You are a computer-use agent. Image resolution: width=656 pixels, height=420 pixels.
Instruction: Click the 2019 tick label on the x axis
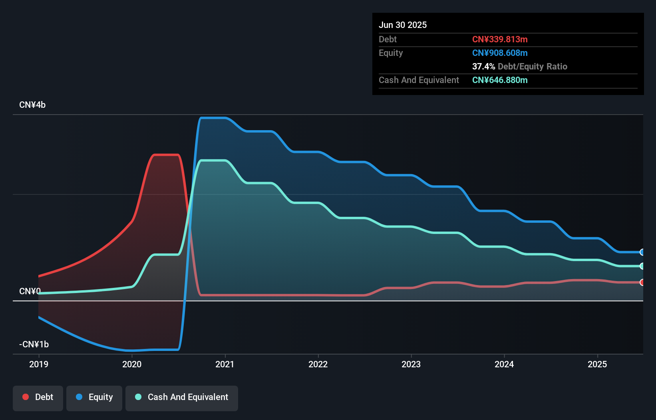coord(39,364)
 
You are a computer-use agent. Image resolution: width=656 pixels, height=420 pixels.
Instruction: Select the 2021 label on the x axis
coord(225,364)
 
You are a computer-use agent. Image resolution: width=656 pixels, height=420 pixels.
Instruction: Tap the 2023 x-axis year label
coord(411,364)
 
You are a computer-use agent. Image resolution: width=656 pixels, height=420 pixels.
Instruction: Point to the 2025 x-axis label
coord(597,364)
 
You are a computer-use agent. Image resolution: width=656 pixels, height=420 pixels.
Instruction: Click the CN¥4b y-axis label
coord(32,105)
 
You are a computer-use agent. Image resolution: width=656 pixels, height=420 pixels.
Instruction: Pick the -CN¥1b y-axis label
coord(34,344)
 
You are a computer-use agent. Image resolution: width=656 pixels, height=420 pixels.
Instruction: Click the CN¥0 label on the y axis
coord(30,291)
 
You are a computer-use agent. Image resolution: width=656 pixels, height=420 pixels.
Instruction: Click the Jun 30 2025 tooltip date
coord(403,25)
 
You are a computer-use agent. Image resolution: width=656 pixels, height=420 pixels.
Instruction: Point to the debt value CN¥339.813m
coord(500,39)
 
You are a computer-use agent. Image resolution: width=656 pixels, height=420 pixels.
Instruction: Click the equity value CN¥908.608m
coord(500,53)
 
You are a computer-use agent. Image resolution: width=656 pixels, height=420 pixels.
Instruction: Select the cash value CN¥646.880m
coord(500,80)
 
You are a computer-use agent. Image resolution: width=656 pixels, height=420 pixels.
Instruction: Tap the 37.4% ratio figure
coord(483,66)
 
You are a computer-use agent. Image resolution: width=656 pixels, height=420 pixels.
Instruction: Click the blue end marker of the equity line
coord(642,252)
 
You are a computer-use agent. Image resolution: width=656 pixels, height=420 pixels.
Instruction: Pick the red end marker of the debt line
coord(642,282)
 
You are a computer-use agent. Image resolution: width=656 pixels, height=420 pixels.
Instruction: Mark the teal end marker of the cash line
coord(642,266)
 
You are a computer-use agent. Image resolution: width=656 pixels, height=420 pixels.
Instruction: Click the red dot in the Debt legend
coord(26,397)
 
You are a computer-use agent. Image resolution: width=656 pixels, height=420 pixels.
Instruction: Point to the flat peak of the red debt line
coord(166,155)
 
